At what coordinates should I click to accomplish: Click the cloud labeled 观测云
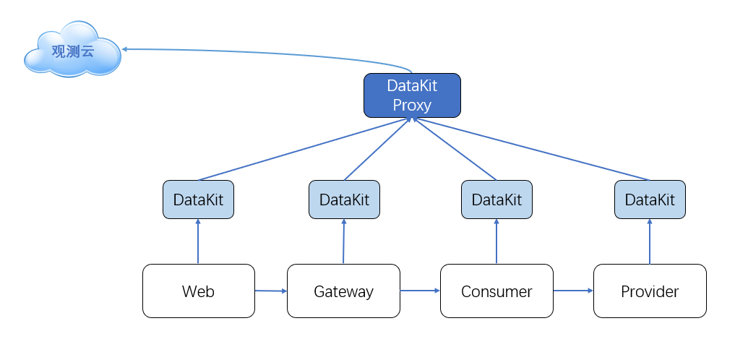click(x=73, y=49)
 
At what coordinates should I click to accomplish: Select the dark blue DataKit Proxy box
click(x=412, y=95)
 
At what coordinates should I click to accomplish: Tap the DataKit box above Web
click(x=198, y=200)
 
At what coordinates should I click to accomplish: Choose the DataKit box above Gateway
click(x=344, y=200)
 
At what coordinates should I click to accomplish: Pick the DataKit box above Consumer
click(x=497, y=200)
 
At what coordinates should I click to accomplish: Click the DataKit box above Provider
click(x=650, y=200)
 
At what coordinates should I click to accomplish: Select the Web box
click(x=199, y=291)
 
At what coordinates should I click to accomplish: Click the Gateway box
click(x=343, y=291)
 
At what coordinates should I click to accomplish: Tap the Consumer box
click(x=497, y=291)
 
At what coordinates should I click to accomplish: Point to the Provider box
click(x=650, y=291)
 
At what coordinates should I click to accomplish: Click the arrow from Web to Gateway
click(x=271, y=291)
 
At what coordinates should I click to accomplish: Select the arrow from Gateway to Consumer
click(x=420, y=291)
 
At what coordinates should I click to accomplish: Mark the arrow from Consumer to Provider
click(x=573, y=291)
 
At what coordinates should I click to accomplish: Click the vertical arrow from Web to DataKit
click(x=198, y=241)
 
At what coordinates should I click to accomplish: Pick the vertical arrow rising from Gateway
click(x=343, y=241)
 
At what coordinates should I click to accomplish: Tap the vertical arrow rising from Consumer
click(x=497, y=241)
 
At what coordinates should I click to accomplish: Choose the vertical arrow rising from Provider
click(x=650, y=241)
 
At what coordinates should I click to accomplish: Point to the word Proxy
click(x=412, y=106)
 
